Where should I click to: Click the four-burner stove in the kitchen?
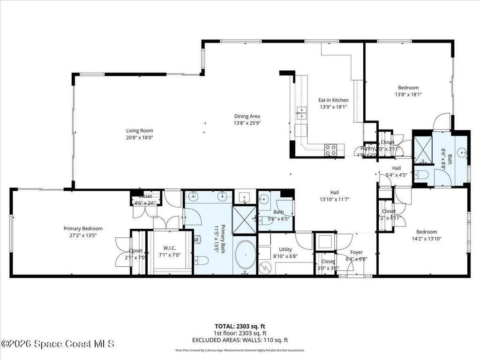tap(331, 150)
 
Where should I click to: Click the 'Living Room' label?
tap(139, 131)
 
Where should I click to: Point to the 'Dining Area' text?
tap(247, 116)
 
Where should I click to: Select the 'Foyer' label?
tap(356, 252)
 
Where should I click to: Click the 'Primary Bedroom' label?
tap(83, 229)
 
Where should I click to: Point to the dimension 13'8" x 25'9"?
tap(247, 123)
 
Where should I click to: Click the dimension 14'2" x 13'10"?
tap(426, 238)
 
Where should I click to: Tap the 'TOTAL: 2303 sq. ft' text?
tap(240, 326)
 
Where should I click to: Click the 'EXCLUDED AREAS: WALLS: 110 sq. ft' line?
tap(240, 340)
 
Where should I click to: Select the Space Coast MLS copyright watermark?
tap(57, 344)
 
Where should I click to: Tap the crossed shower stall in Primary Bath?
tap(245, 219)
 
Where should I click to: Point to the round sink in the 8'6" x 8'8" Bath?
tap(462, 152)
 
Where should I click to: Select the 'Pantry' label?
tap(367, 148)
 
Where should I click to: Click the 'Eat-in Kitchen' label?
tap(333, 100)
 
